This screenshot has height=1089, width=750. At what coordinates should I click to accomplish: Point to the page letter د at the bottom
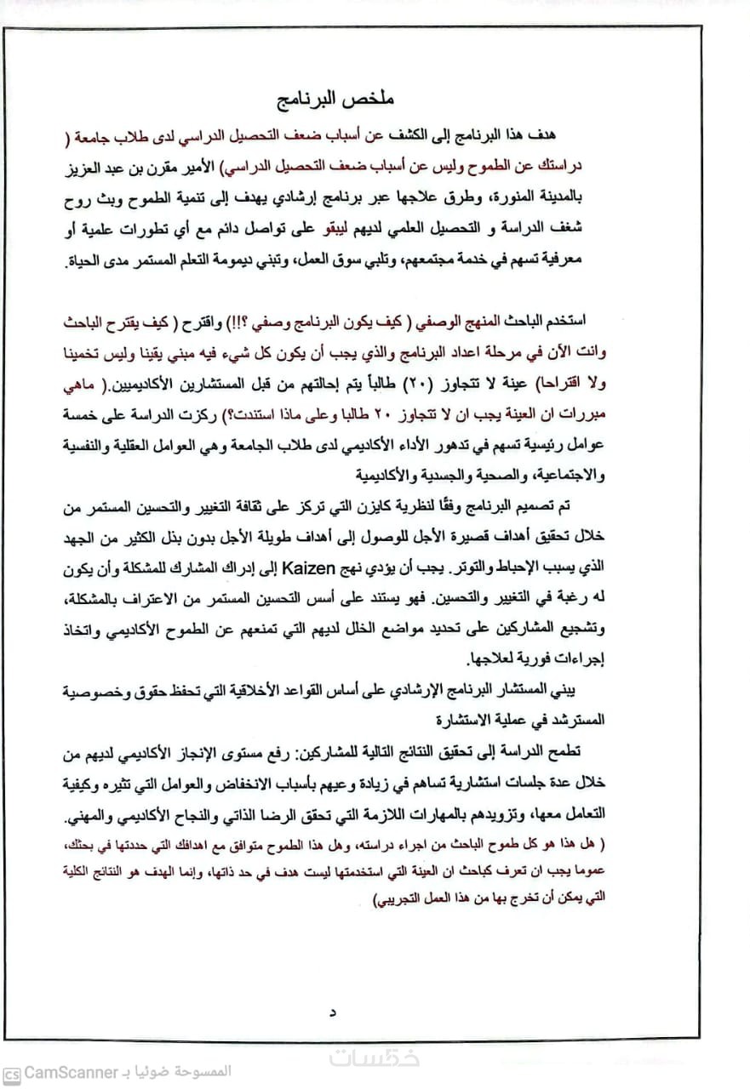[333, 1012]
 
